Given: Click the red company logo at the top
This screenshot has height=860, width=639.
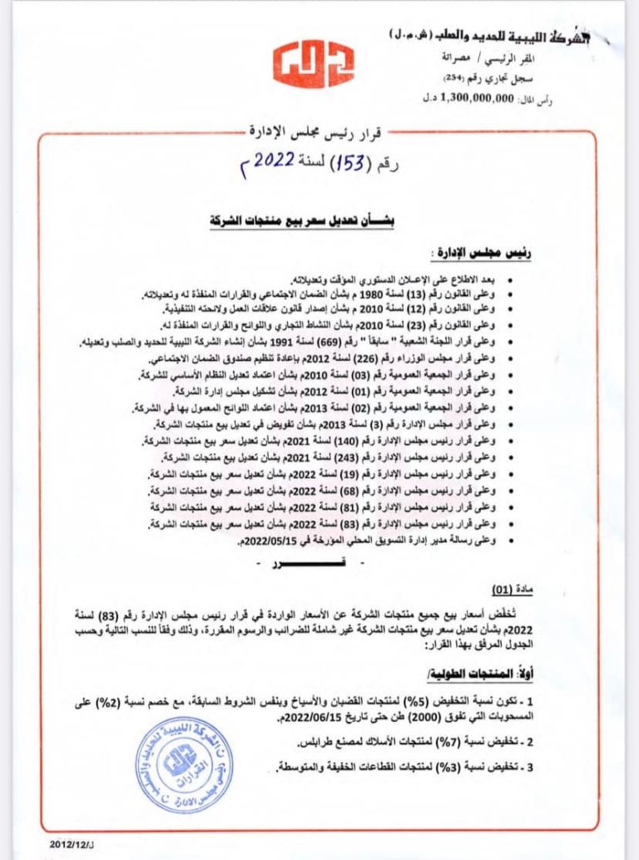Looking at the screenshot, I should click(x=313, y=62).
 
